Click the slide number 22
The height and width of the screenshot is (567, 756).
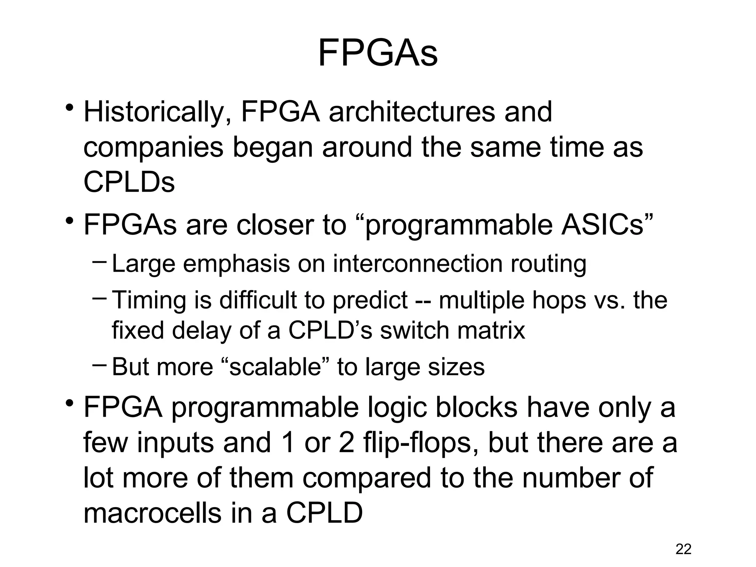pos(683,549)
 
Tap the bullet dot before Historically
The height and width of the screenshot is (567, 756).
pos(68,108)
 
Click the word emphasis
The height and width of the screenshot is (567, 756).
pos(236,265)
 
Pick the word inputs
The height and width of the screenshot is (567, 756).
pos(175,443)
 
